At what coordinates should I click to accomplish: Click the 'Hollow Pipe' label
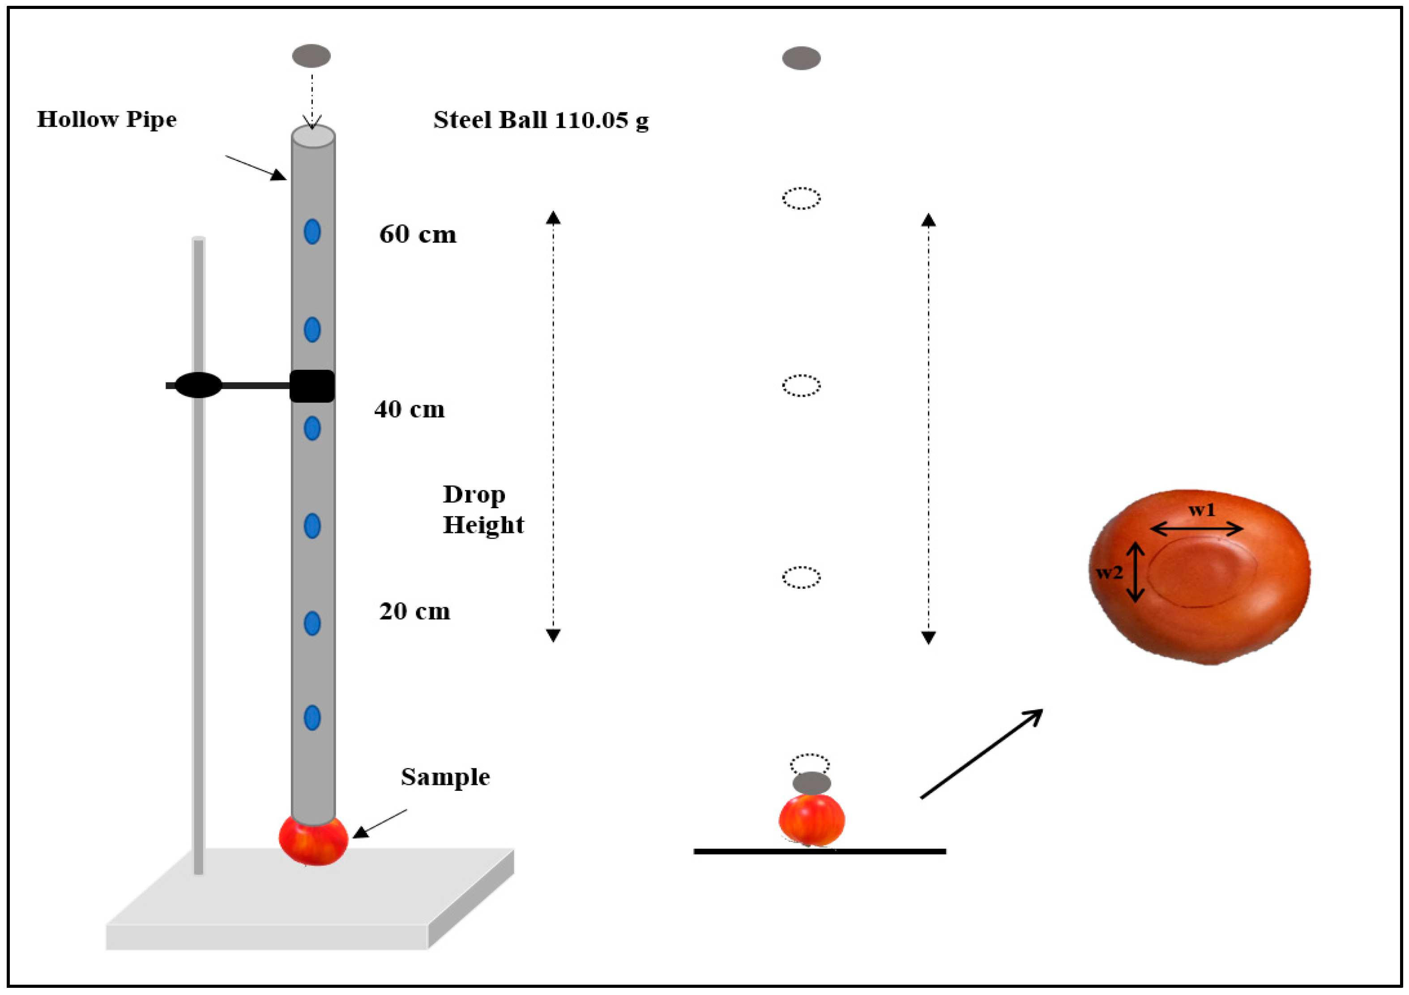(x=107, y=119)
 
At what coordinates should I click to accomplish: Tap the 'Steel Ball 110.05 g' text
(x=541, y=120)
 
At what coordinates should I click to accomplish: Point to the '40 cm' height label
(x=410, y=409)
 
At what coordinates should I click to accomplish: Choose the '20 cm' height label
(x=415, y=611)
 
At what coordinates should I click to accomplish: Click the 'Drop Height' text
(x=483, y=510)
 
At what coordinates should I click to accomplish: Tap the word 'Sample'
(x=445, y=777)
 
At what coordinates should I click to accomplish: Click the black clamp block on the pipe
(x=312, y=386)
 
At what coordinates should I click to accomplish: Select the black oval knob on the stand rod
(x=198, y=386)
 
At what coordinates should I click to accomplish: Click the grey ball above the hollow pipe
(x=311, y=56)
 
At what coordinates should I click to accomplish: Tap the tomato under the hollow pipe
(x=313, y=841)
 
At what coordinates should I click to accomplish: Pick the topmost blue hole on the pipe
(x=312, y=232)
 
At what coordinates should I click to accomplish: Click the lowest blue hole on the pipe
(x=312, y=717)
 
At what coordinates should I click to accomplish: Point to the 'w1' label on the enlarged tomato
(x=1201, y=510)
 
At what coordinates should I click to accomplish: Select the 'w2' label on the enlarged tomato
(x=1110, y=573)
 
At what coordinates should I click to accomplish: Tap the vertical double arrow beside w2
(x=1135, y=571)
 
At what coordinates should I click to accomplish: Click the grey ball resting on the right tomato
(x=811, y=783)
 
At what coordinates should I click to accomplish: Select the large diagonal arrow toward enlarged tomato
(x=982, y=753)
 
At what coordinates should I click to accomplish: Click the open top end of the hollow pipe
(x=313, y=136)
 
